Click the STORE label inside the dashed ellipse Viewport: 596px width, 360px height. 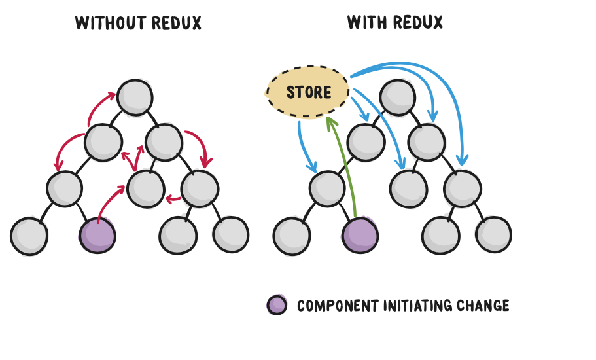309,92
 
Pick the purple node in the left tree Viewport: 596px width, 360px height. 97,235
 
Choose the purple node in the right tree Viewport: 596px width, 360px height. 360,235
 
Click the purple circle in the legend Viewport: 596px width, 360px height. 277,305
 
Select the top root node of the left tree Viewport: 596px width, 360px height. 135,97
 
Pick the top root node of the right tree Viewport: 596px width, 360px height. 396,97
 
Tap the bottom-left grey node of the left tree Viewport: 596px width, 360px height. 29,236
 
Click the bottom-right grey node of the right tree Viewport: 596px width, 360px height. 493,235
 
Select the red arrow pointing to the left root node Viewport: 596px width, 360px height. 98,106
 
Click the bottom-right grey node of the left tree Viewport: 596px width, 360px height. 230,234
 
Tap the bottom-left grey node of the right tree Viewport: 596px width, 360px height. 292,236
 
